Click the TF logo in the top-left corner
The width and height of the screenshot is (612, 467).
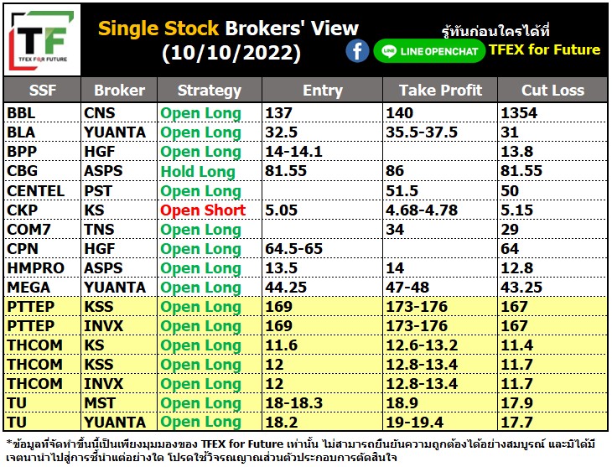point(42,40)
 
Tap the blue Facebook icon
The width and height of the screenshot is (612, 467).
point(357,51)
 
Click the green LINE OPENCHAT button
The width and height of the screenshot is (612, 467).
point(429,51)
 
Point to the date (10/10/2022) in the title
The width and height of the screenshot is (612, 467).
point(231,53)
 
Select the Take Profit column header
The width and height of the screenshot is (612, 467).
point(440,91)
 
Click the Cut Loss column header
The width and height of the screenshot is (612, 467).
point(552,91)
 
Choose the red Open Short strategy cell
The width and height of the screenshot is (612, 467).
point(203,210)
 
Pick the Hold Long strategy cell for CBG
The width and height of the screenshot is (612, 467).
point(198,171)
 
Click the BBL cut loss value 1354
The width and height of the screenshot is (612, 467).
point(519,113)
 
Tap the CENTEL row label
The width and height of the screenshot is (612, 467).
point(35,191)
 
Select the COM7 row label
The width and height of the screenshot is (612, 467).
point(29,230)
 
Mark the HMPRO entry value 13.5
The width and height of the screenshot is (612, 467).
point(281,268)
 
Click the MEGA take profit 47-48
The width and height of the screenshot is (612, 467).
point(407,288)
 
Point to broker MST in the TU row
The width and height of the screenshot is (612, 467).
point(100,403)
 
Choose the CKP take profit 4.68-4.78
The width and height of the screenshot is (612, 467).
point(422,210)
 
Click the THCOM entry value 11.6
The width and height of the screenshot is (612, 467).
point(281,345)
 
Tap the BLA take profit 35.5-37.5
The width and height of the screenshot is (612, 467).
point(422,132)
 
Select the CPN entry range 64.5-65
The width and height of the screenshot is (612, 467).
point(294,249)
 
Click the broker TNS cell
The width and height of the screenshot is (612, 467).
point(99,230)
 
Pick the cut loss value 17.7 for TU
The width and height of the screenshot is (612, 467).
point(516,422)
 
